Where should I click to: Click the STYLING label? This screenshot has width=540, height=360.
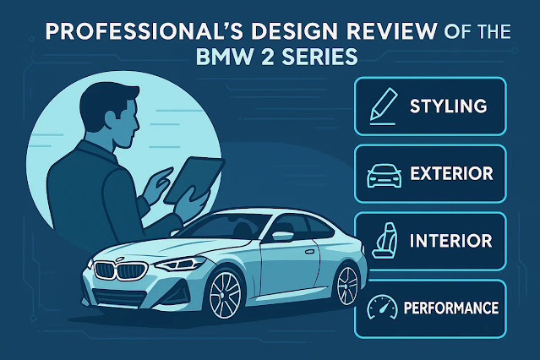click(x=448, y=107)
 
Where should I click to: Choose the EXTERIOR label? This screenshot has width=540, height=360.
click(x=451, y=175)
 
